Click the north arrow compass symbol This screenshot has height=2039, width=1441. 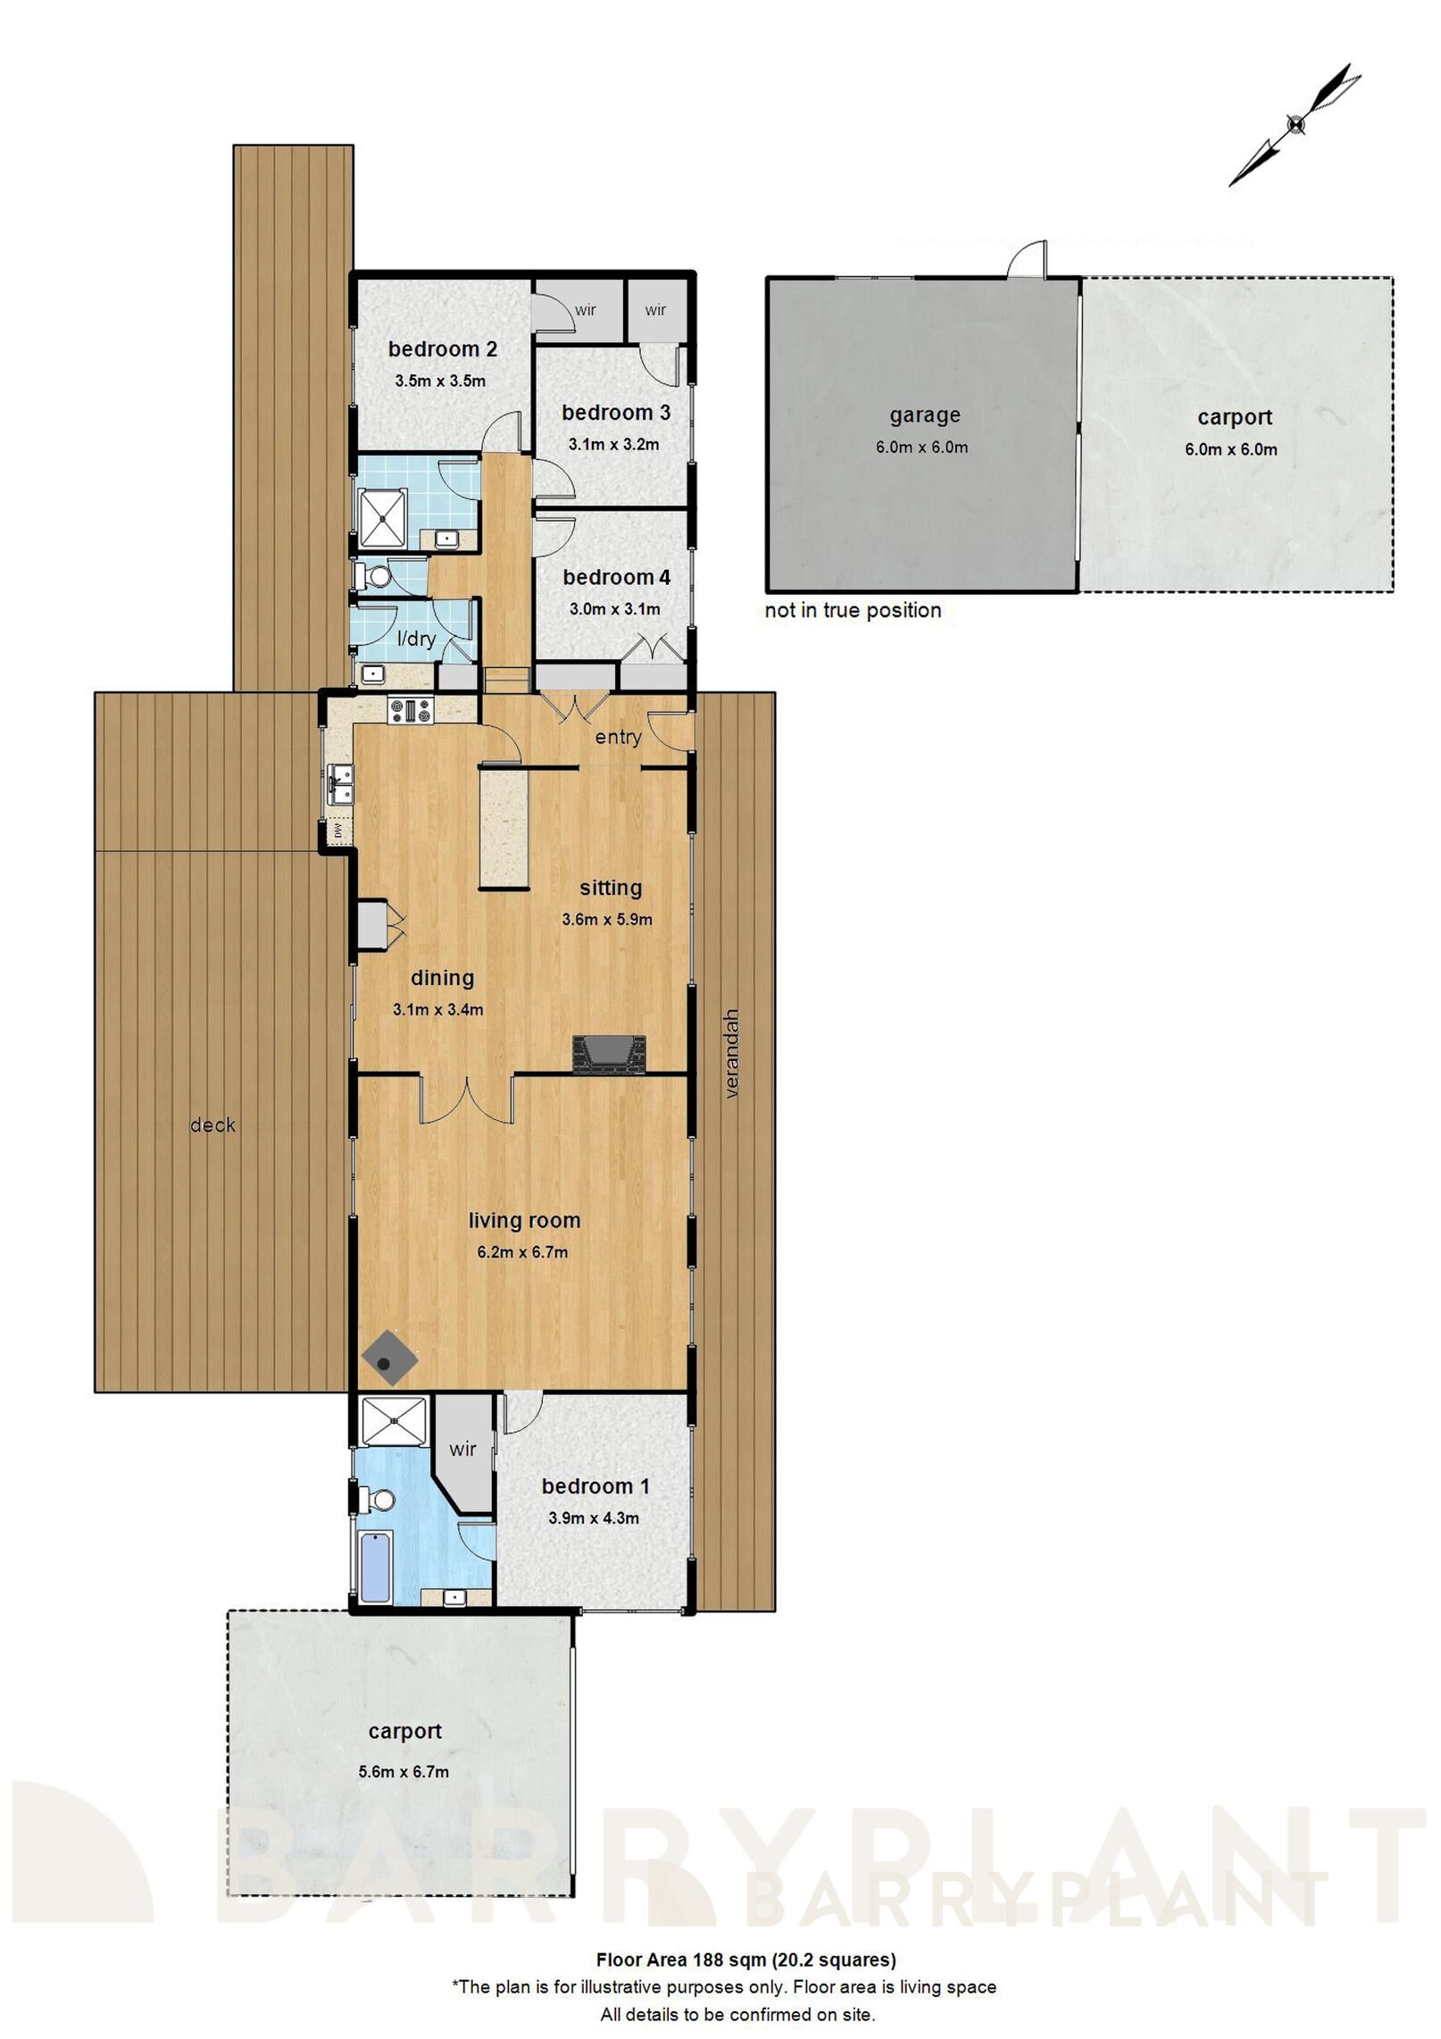point(1295,124)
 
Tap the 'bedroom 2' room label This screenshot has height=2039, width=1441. point(442,349)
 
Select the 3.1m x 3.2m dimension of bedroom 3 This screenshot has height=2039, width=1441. point(613,444)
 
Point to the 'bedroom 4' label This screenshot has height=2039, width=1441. point(616,578)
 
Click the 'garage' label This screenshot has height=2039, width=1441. point(924,415)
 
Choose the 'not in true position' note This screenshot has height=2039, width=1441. point(853,610)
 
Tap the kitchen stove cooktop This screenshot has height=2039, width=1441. point(410,711)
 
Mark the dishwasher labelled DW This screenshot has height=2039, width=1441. point(338,831)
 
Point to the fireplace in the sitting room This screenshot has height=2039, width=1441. point(608,1054)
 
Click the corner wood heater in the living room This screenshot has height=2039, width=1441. point(389,1358)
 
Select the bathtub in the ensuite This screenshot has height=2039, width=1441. point(375,1567)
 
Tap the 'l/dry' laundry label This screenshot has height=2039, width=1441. point(416,639)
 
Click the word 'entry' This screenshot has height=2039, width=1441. point(618,737)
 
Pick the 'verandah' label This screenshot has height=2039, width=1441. point(732,1053)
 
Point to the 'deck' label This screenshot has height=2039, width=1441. point(212,1125)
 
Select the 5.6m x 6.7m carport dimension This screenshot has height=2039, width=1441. point(404,1771)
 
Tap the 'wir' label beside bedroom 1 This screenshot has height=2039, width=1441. point(462,1450)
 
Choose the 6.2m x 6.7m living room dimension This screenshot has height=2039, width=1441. point(522,1252)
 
